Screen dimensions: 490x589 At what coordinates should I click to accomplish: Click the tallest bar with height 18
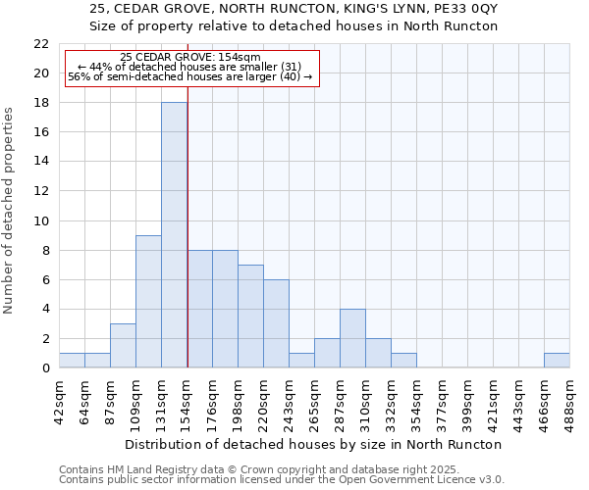click(x=174, y=235)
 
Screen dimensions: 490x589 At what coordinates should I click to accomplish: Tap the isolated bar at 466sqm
click(x=557, y=360)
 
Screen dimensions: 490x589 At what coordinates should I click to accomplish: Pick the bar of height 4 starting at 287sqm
click(x=352, y=338)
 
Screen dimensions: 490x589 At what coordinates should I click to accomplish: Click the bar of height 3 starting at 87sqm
click(x=123, y=345)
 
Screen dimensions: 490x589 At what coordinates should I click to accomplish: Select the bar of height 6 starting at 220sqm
click(x=276, y=323)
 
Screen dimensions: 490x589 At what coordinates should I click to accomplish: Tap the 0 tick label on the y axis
click(x=45, y=368)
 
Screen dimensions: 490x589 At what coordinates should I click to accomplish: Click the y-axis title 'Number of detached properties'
click(x=10, y=211)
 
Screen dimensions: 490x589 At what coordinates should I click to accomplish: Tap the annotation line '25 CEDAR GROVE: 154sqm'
click(x=189, y=58)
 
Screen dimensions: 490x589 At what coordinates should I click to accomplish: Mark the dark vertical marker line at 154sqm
click(x=187, y=245)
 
